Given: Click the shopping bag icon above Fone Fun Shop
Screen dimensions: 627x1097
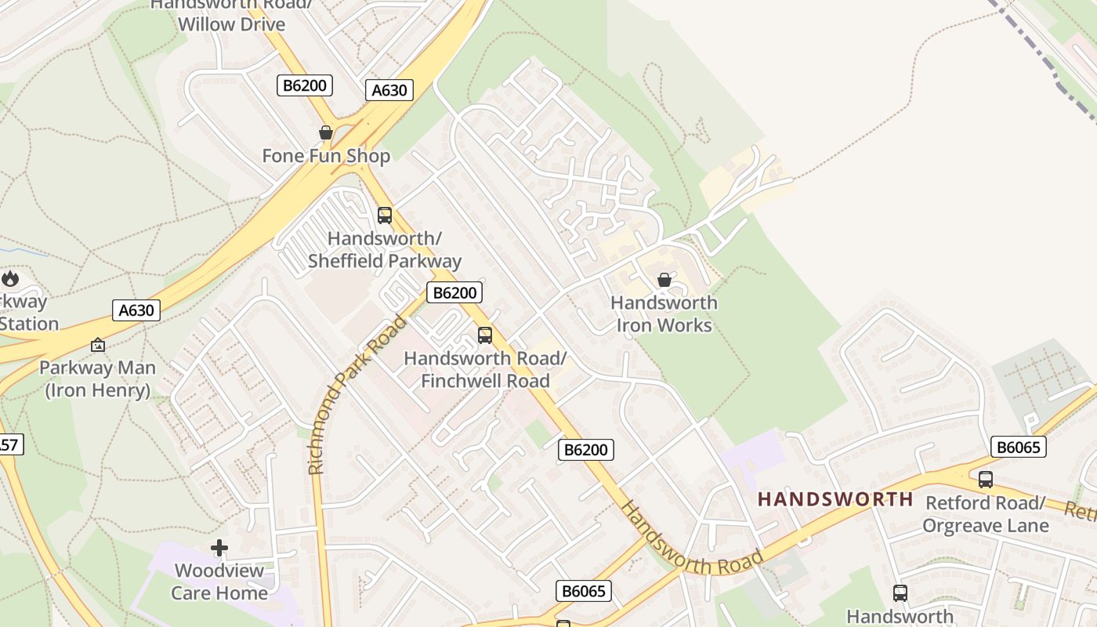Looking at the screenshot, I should pos(326,132).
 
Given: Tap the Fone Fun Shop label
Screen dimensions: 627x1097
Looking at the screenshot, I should pos(326,156).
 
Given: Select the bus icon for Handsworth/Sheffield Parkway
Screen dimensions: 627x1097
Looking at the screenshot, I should pos(384,215).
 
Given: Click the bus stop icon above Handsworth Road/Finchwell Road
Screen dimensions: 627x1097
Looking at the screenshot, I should pos(485,335).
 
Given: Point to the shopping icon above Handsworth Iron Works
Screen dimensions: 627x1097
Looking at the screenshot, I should pos(664,280).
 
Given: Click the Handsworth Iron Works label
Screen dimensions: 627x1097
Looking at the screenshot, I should pos(664,313).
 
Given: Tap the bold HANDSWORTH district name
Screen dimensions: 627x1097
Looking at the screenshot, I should pos(835,499).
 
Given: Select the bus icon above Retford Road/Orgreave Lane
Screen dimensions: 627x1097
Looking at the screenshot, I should pos(986,479).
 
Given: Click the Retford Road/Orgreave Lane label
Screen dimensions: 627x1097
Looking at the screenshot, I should pos(986,513).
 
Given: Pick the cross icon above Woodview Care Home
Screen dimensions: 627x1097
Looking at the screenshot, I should pos(219,548).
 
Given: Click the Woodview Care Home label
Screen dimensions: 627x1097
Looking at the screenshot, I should pos(219,582).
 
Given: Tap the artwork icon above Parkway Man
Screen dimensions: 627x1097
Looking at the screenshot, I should pos(98,345).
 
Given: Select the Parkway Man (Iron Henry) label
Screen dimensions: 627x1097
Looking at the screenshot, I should pos(98,379).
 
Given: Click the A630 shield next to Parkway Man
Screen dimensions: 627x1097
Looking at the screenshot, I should pos(136,310).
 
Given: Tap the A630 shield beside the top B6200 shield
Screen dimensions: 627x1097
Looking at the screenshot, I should pos(389,90).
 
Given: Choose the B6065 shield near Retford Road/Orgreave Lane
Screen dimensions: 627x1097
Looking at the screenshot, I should pos(1018,447).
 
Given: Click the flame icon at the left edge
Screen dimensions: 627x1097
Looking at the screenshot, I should pos(10,278).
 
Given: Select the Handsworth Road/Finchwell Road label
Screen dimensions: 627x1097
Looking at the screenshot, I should pos(485,369).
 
